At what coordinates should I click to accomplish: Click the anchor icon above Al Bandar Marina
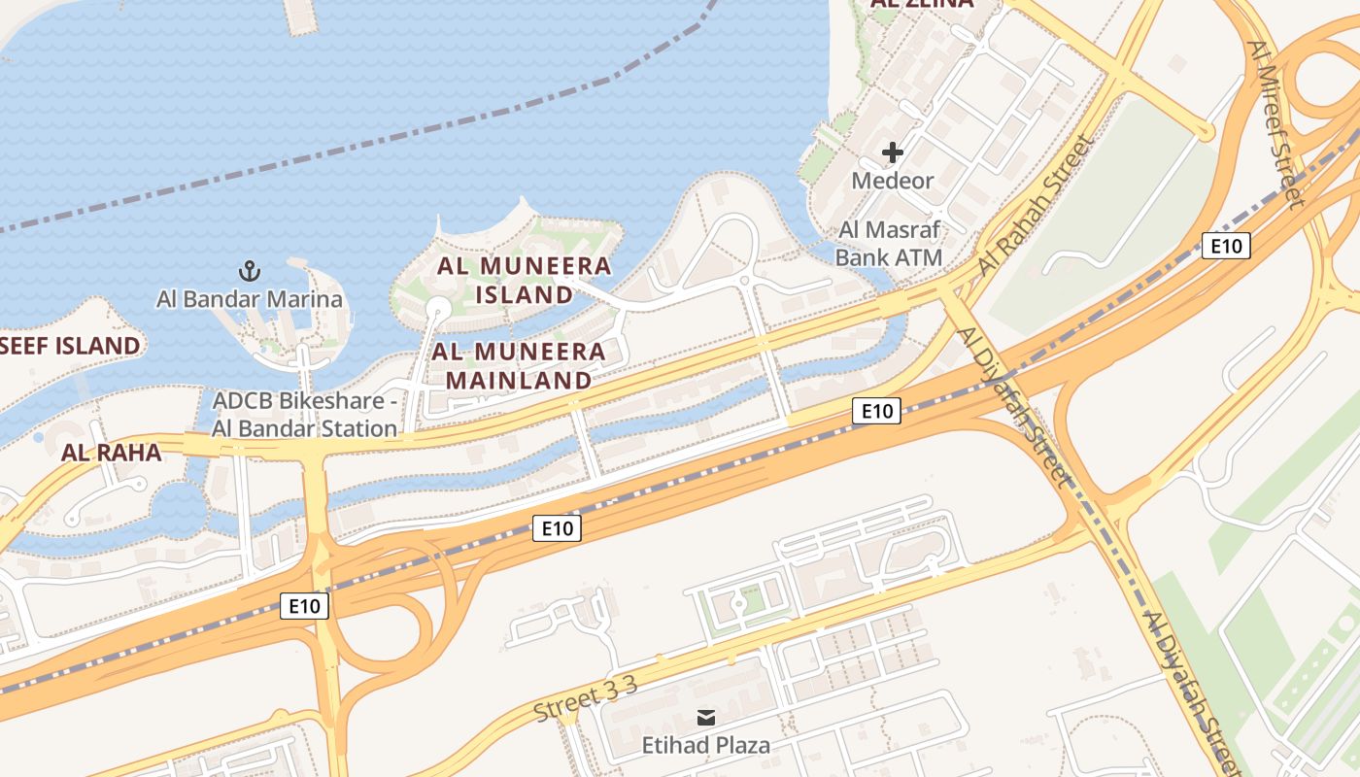(250, 270)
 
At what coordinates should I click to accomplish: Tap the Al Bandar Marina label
(250, 299)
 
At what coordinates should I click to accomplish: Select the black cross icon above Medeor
(892, 152)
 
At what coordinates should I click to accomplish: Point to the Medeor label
(892, 181)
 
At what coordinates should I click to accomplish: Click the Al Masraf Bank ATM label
(889, 245)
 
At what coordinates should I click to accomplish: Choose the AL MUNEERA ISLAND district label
(524, 280)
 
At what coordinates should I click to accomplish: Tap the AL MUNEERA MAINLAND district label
(520, 365)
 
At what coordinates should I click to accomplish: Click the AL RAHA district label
(111, 452)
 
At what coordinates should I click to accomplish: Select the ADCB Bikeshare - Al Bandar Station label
(305, 415)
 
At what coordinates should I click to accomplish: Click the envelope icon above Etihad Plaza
(706, 718)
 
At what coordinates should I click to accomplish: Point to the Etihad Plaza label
(706, 746)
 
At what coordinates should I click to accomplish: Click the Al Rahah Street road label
(1037, 205)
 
